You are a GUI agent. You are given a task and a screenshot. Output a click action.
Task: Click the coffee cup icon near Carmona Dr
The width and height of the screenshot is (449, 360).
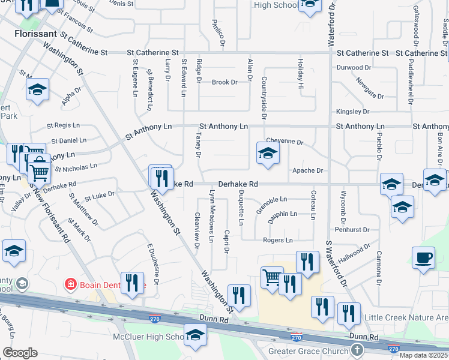(x=424, y=258)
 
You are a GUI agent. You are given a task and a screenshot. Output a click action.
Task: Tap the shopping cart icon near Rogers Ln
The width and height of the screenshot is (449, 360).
(x=272, y=278)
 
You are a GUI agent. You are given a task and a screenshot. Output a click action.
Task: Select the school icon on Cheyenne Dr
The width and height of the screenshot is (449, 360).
(x=268, y=153)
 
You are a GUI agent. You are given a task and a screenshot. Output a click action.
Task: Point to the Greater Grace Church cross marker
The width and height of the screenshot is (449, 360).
(x=357, y=350)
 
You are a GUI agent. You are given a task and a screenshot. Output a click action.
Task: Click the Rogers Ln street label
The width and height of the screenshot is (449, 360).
(x=277, y=241)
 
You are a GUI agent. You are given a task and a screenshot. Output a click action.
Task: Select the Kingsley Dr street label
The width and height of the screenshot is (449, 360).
(x=352, y=112)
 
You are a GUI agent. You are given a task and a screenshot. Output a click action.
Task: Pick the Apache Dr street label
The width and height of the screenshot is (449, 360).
(x=307, y=170)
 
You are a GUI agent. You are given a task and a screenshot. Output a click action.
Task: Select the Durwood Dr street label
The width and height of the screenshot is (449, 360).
(x=358, y=68)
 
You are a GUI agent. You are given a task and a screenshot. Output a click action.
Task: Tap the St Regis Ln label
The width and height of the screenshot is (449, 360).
(x=63, y=126)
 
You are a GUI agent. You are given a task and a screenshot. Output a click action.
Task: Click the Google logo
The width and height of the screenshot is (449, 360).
(x=20, y=353)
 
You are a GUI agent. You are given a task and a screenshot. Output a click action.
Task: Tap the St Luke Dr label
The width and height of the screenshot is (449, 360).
(x=99, y=196)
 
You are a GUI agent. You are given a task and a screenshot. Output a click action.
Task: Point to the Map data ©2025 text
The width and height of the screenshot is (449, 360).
(x=424, y=355)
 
